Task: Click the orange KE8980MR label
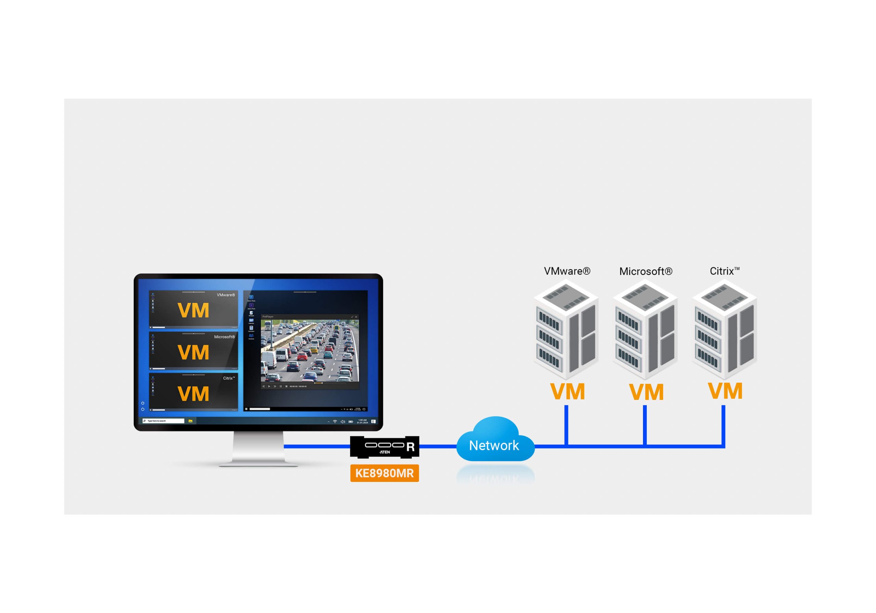[x=384, y=473]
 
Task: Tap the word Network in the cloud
[x=494, y=445]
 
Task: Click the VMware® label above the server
[x=567, y=271]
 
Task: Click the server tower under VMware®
[x=566, y=330]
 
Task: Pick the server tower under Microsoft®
[x=645, y=330]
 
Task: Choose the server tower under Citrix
[x=724, y=330]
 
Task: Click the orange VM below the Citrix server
[x=725, y=391]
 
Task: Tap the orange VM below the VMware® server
[x=567, y=392]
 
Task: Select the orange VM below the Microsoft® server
[x=646, y=392]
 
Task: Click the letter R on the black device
[x=411, y=447]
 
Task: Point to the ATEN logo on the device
[x=385, y=452]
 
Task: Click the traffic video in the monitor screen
[x=310, y=351]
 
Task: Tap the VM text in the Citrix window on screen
[x=193, y=394]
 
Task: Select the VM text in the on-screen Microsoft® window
[x=193, y=352]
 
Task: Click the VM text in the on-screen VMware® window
[x=193, y=311]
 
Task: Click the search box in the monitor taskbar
[x=163, y=421]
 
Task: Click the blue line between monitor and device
[x=317, y=446]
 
